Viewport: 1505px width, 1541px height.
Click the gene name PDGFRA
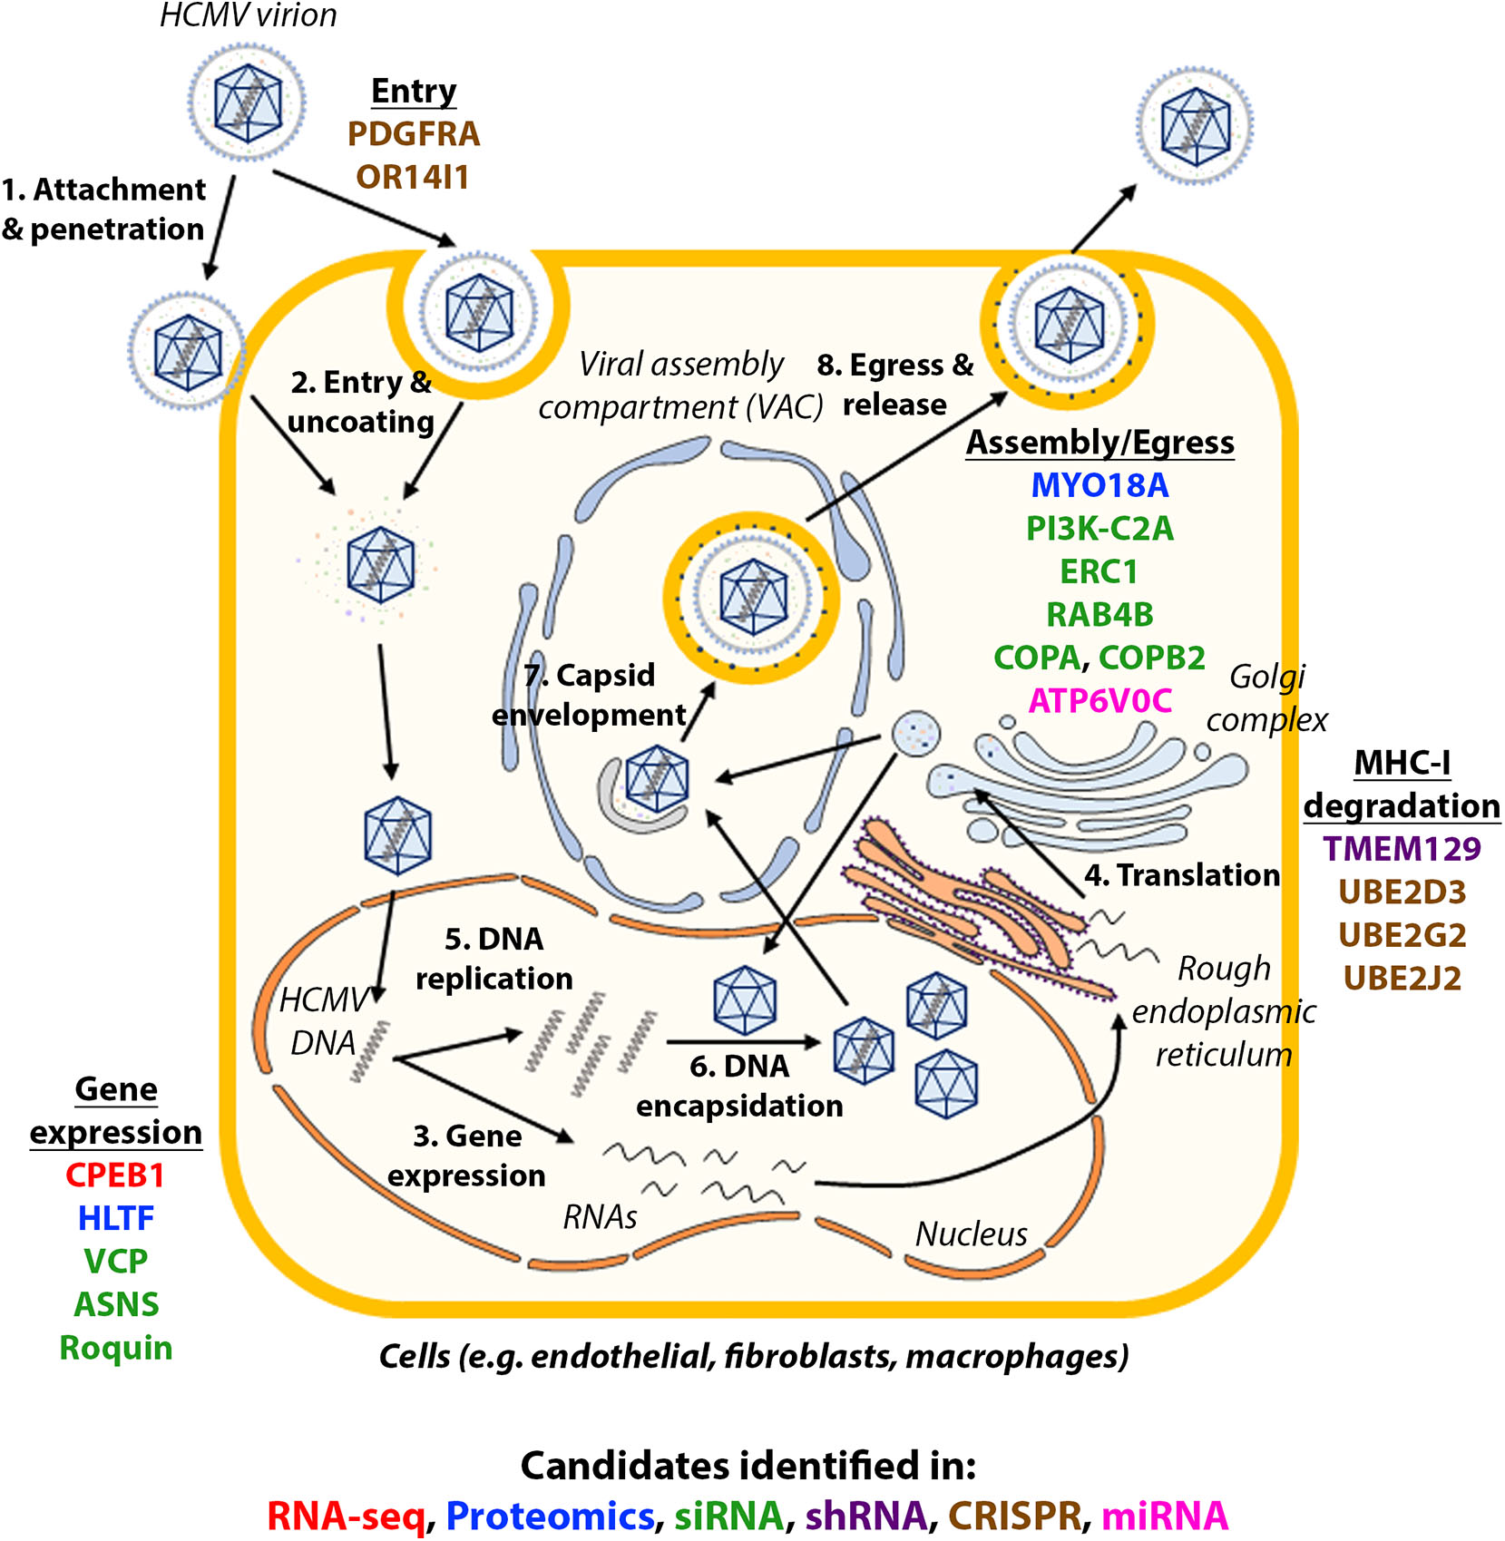413,134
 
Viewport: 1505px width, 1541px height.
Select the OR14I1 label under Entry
413,177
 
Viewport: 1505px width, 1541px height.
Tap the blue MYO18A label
1099,485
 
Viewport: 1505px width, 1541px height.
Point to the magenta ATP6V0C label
1099,700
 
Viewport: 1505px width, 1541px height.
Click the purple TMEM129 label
1402,849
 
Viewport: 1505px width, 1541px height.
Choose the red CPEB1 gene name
115,1175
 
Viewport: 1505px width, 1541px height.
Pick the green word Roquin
115,1348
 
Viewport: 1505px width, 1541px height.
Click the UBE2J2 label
1402,979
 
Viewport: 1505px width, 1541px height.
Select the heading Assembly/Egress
1099,443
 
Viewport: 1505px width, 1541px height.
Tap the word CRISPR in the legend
1014,1515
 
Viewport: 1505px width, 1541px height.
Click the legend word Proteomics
550,1515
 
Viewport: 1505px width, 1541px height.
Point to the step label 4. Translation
1182,875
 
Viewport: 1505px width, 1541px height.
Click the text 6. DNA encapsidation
739,1086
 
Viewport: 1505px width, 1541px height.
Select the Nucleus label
971,1234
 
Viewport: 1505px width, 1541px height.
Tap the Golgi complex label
1266,697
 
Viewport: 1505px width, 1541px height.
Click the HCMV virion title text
248,15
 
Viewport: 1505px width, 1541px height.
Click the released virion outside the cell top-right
1195,126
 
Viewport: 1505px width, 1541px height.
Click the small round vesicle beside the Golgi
915,733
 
